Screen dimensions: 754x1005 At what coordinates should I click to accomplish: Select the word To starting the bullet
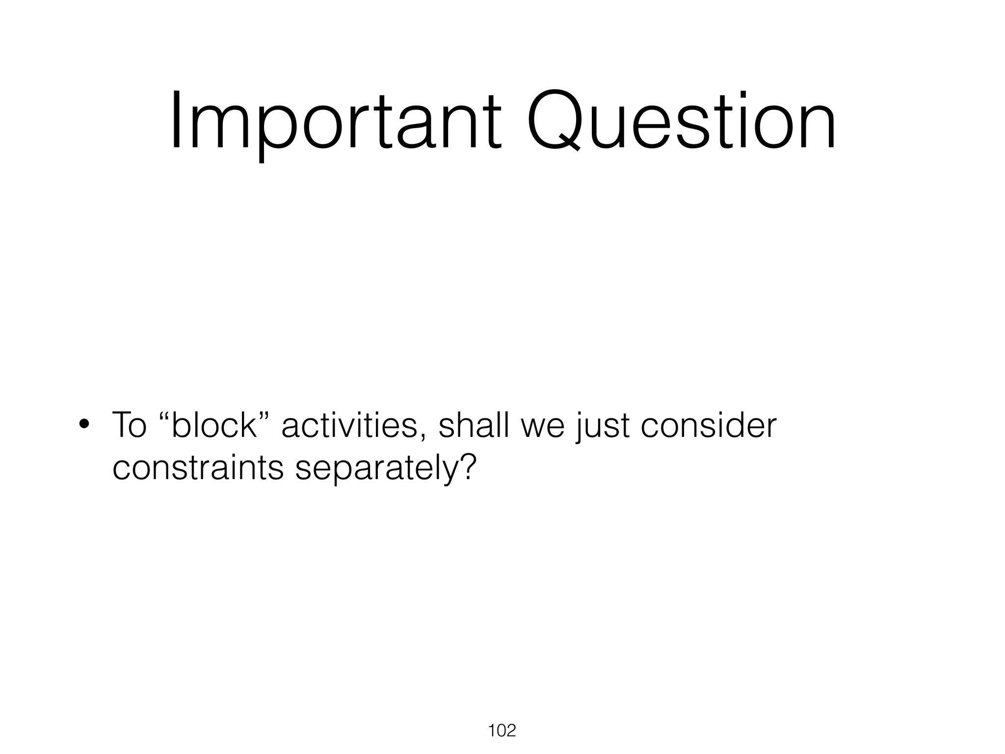pyautogui.click(x=129, y=425)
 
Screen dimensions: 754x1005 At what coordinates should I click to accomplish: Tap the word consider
pyautogui.click(x=709, y=425)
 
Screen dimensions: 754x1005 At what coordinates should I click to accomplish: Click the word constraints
pyautogui.click(x=198, y=468)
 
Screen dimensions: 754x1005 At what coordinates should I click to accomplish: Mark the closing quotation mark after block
pyautogui.click(x=265, y=415)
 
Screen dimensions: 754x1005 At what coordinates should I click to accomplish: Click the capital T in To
pyautogui.click(x=122, y=425)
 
